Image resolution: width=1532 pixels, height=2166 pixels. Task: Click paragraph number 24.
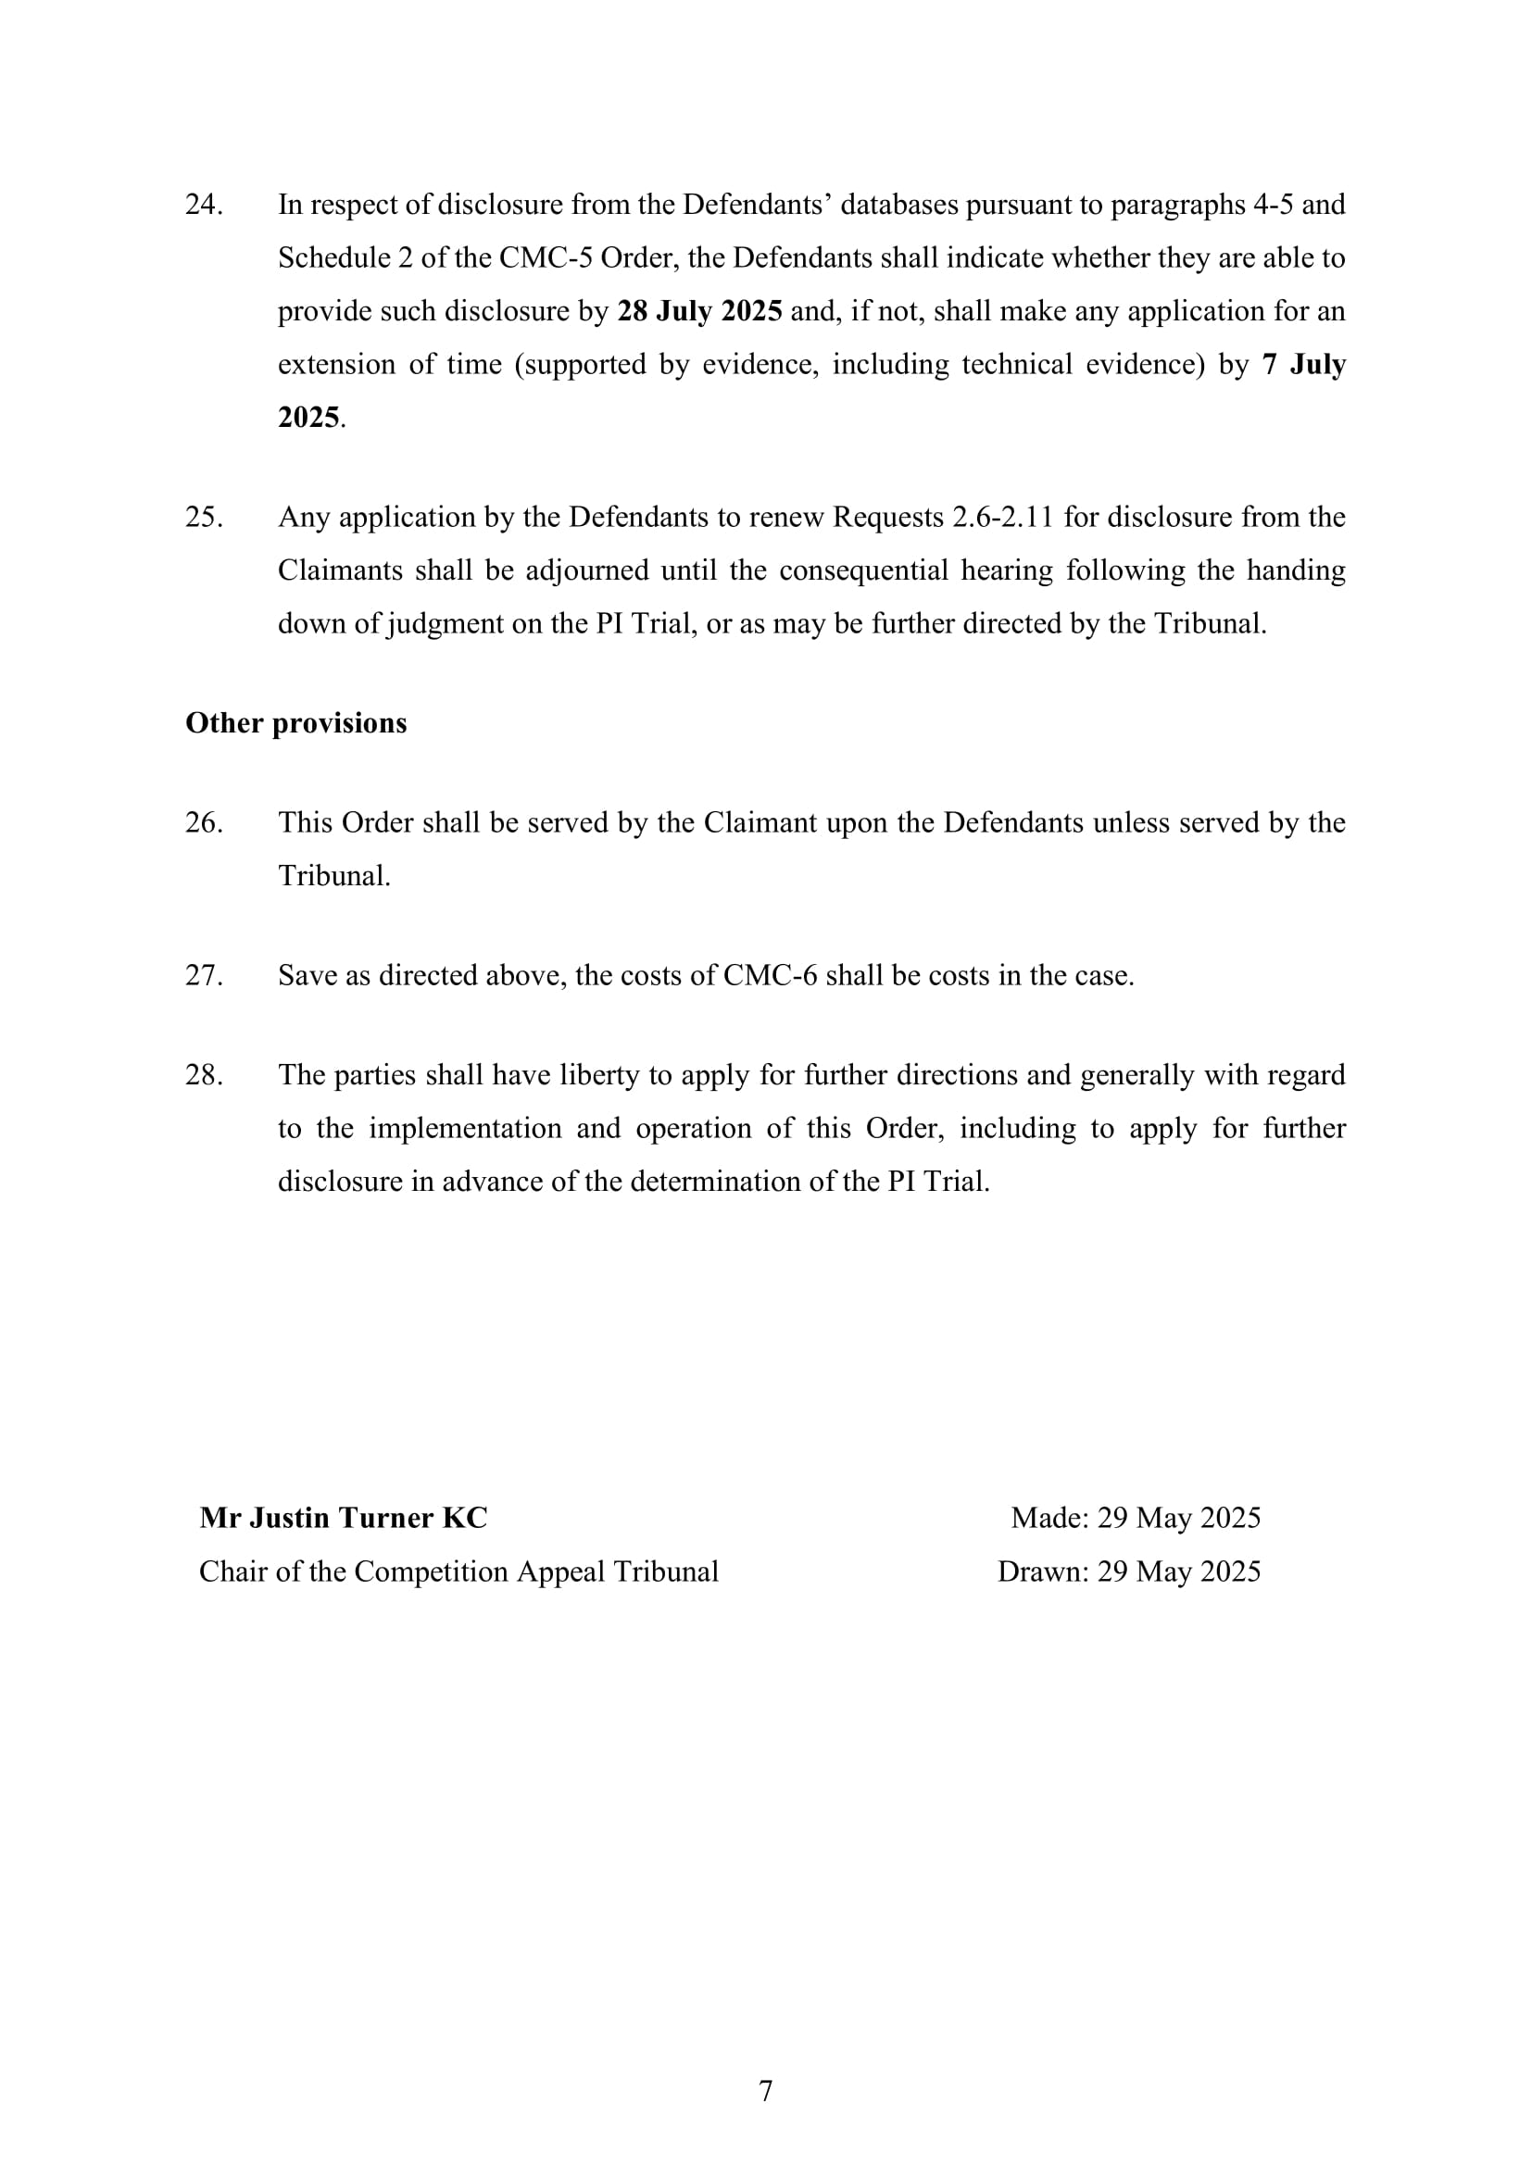pos(204,205)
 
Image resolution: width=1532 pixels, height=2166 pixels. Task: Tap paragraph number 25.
pos(204,517)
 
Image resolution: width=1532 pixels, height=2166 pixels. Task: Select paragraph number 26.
pos(204,822)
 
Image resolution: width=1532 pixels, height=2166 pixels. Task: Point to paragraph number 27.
pos(204,975)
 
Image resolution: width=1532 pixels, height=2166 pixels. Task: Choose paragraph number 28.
pos(204,1075)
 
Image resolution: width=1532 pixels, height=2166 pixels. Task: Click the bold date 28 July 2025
pos(699,311)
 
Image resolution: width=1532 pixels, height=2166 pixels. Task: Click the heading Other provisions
pos(296,722)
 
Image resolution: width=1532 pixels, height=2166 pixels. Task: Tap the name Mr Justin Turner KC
pos(344,1518)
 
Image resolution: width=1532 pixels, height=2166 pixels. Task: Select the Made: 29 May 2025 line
pos(1135,1518)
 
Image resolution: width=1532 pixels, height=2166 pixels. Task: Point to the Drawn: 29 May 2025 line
pos(1128,1571)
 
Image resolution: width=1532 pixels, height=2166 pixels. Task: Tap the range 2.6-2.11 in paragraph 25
pos(1003,517)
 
